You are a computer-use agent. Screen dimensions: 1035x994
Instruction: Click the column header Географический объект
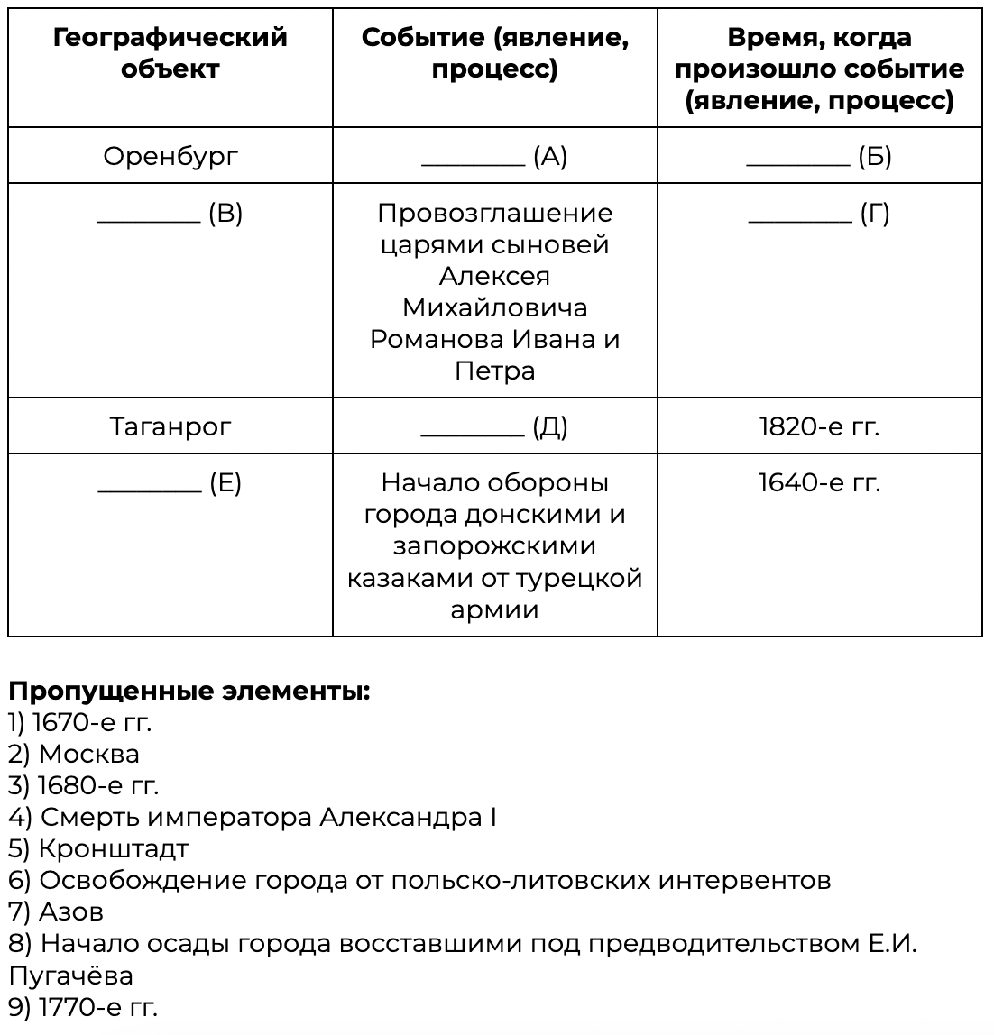point(170,53)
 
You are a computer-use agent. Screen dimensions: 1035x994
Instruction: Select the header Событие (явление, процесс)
point(494,53)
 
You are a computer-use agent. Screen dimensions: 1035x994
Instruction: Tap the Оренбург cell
point(170,157)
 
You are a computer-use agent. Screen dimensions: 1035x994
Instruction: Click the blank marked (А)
point(474,159)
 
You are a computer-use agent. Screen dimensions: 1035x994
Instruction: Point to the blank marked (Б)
point(798,159)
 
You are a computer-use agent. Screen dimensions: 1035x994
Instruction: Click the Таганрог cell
point(170,426)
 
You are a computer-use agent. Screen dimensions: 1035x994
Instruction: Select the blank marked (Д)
point(474,428)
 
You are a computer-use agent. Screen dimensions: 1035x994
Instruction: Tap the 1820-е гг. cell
point(819,426)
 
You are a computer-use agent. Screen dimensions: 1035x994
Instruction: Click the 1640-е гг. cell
point(819,483)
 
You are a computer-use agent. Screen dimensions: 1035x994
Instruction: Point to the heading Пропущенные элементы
point(189,692)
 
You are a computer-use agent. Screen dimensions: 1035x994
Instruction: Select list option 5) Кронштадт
point(98,848)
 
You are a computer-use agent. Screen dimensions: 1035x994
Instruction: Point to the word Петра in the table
point(494,371)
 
